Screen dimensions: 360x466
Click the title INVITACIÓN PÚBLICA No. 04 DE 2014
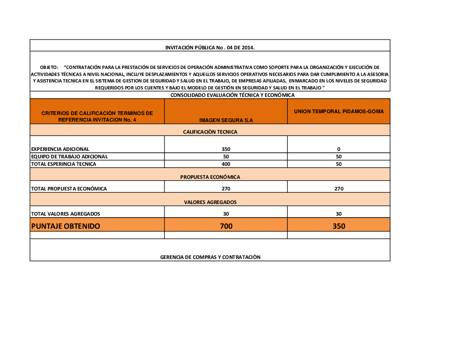210,48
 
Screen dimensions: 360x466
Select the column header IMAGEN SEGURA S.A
226,120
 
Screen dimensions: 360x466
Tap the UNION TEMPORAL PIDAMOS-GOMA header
339,112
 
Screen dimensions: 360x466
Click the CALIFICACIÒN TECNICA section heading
210,132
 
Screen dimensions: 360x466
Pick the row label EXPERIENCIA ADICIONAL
60,149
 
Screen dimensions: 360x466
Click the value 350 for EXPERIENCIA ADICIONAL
226,149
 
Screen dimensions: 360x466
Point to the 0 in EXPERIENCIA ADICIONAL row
339,149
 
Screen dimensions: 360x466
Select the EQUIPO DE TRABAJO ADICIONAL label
69,156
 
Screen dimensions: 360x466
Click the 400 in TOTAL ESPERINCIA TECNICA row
226,164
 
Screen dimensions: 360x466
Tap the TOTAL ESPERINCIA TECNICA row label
64,164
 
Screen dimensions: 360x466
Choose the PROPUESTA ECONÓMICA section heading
210,177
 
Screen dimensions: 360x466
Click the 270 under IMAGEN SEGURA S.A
226,189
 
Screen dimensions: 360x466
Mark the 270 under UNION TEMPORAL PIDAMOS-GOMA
339,189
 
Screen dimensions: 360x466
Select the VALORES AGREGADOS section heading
210,202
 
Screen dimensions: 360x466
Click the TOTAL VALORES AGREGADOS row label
66,214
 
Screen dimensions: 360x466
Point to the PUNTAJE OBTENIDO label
66,226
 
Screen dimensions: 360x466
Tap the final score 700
226,226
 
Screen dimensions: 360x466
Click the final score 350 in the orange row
339,226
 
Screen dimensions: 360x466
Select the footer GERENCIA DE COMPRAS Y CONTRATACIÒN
210,257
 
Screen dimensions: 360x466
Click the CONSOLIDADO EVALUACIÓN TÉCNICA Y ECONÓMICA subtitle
233,95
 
